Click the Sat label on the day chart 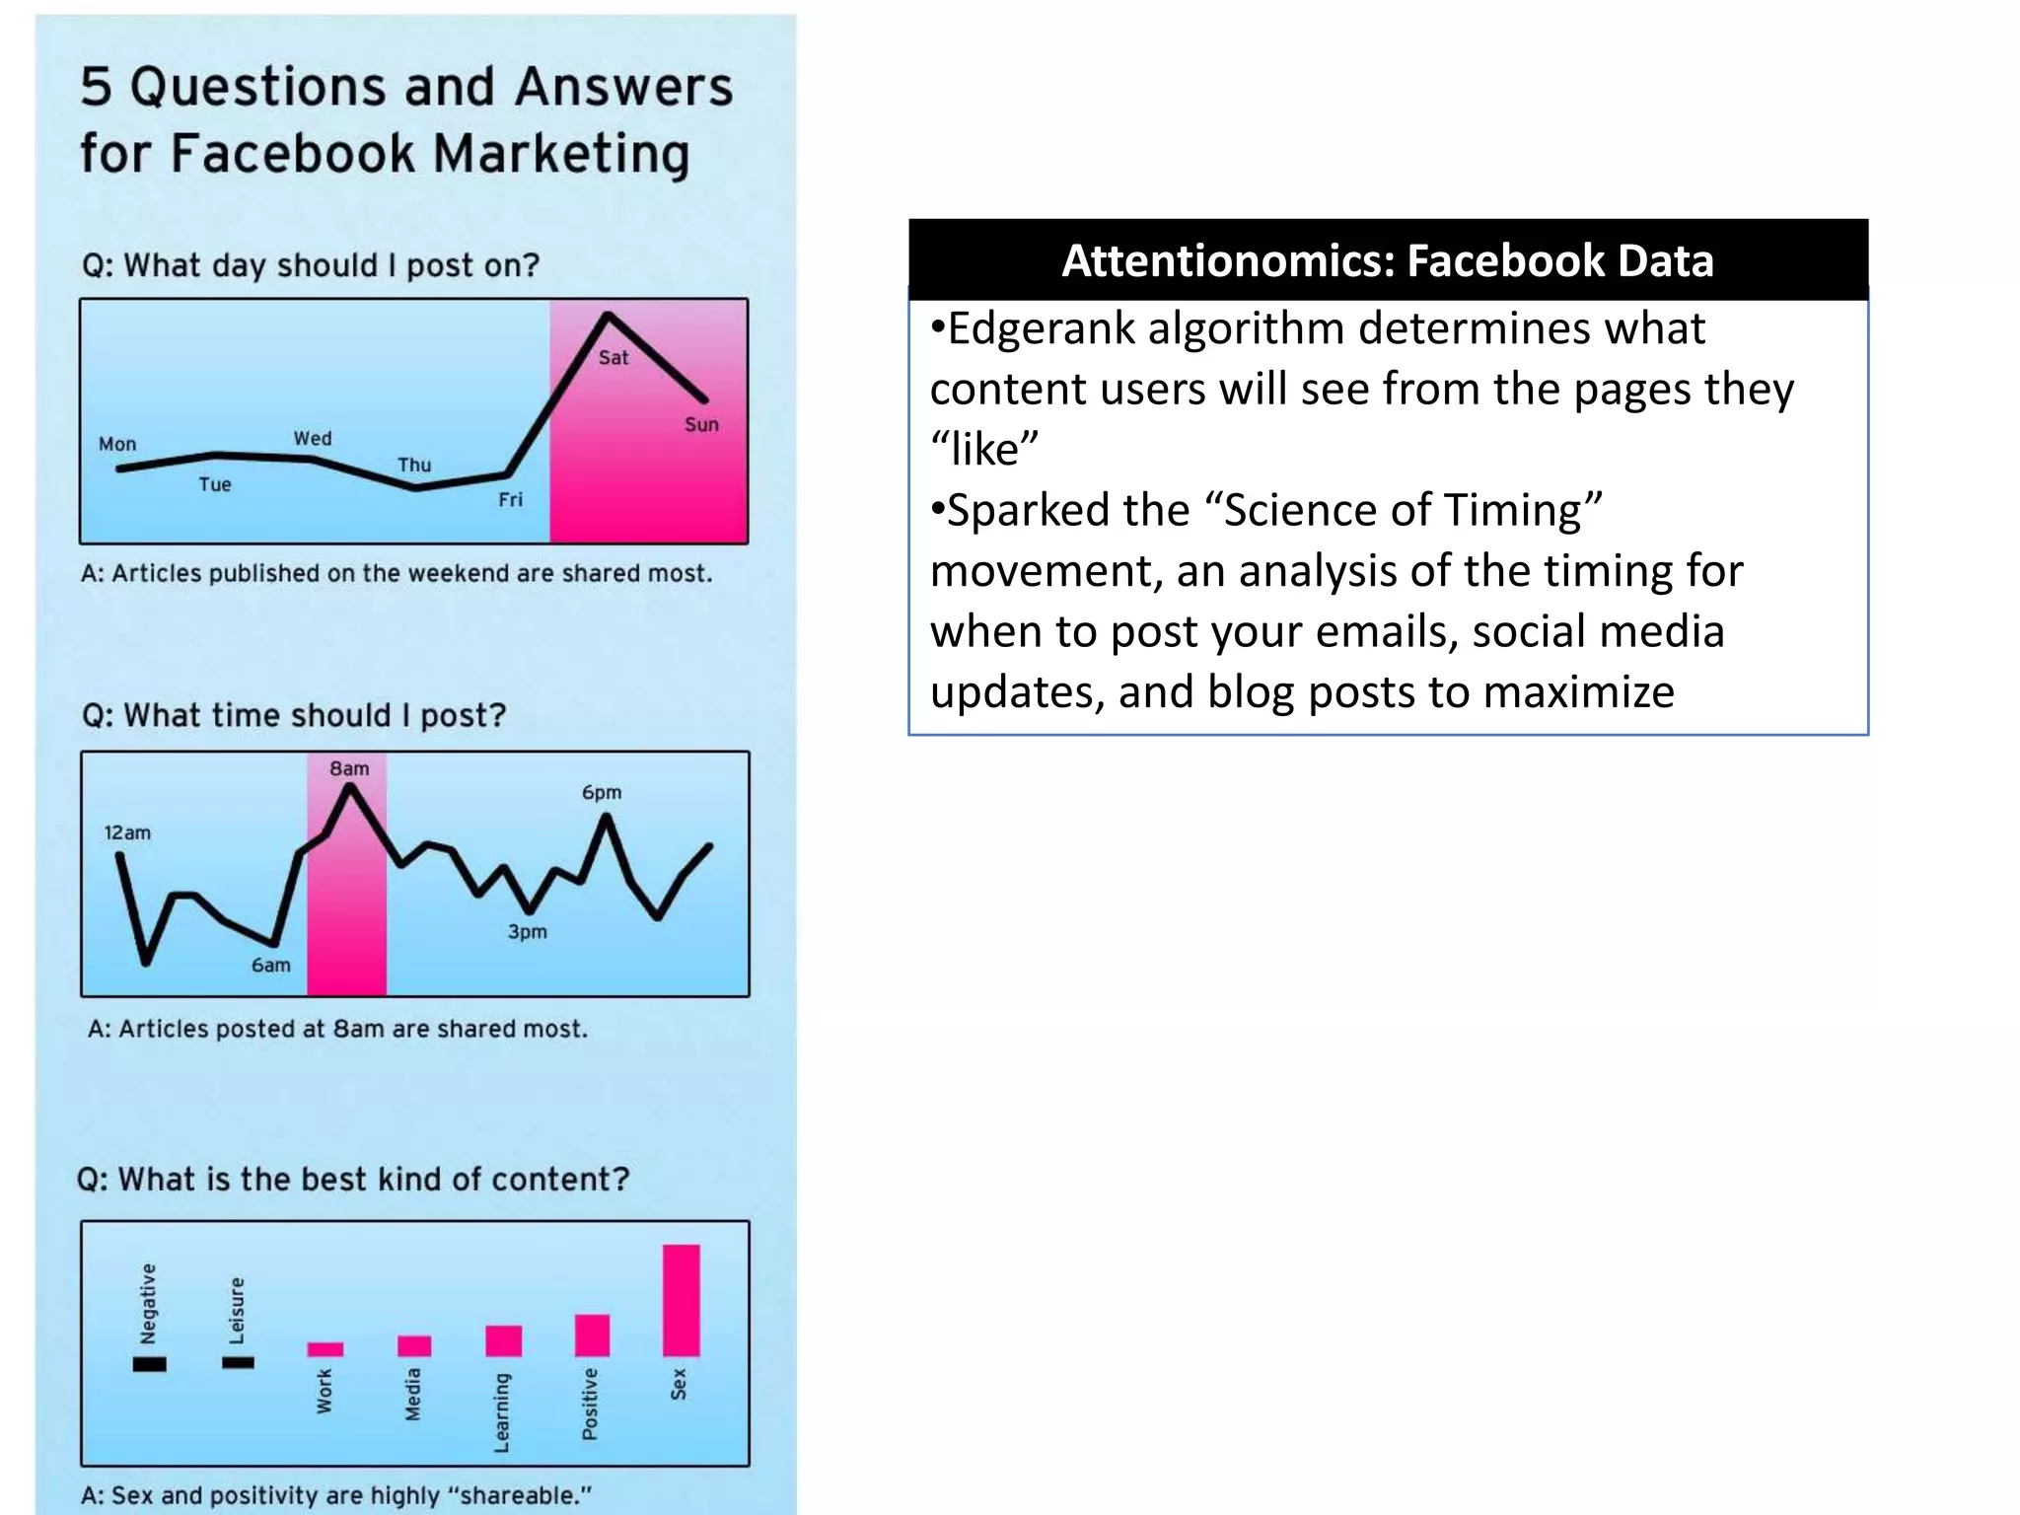coord(613,358)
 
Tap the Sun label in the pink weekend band coord(701,425)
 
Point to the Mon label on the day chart coord(117,445)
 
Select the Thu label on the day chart coord(414,465)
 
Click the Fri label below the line coord(510,500)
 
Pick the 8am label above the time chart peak coord(349,768)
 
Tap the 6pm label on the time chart coord(602,793)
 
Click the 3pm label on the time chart coord(527,932)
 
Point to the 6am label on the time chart coord(270,966)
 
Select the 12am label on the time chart coord(127,833)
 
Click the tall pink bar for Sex coord(681,1300)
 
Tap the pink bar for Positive coord(592,1335)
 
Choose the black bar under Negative coord(149,1364)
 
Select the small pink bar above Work coord(325,1349)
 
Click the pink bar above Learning coord(503,1340)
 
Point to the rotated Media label coord(413,1394)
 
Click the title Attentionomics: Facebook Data coord(1387,261)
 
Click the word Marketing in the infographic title coord(561,154)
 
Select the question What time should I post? coord(293,715)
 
